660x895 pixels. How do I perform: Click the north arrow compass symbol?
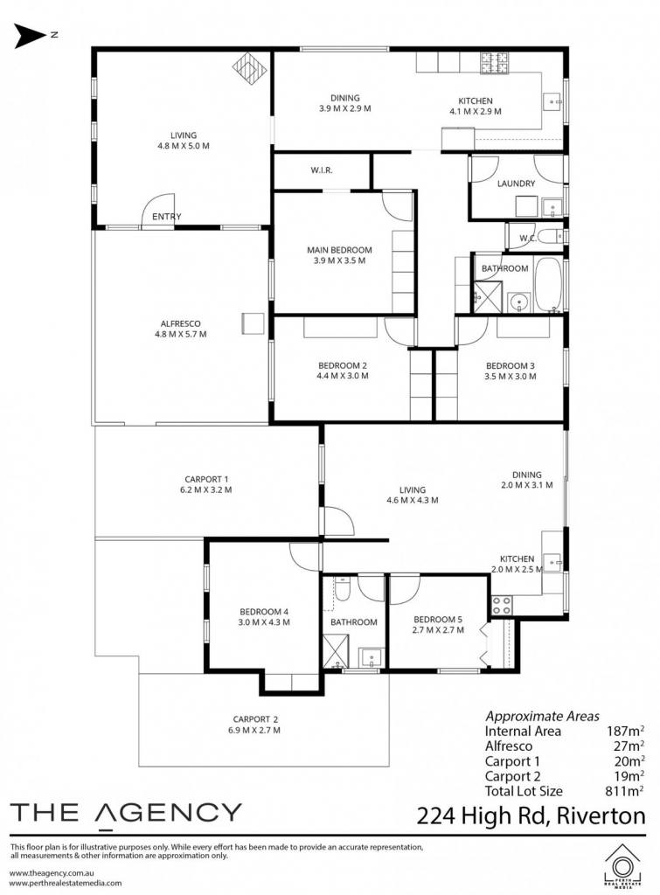click(30, 35)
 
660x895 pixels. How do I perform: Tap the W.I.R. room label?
click(322, 170)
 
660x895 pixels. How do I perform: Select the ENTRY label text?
click(167, 217)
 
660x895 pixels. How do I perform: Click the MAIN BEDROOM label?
click(339, 250)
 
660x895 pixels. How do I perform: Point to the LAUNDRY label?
click(516, 184)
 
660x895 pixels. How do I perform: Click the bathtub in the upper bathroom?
click(548, 284)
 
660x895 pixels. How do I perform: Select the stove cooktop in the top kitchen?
click(494, 63)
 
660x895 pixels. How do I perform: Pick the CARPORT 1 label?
click(206, 480)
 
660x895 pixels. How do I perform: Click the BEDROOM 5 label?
click(438, 620)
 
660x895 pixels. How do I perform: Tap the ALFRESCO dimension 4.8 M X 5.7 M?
click(180, 335)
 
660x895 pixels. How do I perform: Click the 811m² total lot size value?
click(625, 791)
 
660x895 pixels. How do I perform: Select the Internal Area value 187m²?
click(625, 732)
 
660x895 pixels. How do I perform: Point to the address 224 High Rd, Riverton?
click(531, 816)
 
